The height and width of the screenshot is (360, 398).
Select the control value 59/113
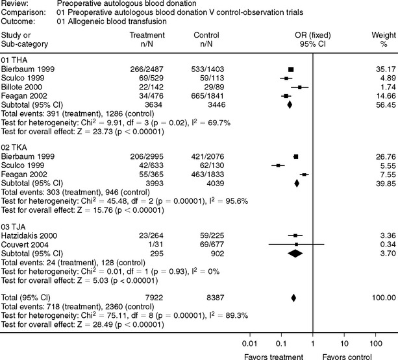coord(208,77)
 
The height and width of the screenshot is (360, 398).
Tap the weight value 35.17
coord(376,68)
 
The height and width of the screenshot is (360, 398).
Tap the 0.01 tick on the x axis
coord(249,342)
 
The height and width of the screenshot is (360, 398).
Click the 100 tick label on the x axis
coord(375,342)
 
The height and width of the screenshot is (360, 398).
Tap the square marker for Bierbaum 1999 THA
coord(292,68)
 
